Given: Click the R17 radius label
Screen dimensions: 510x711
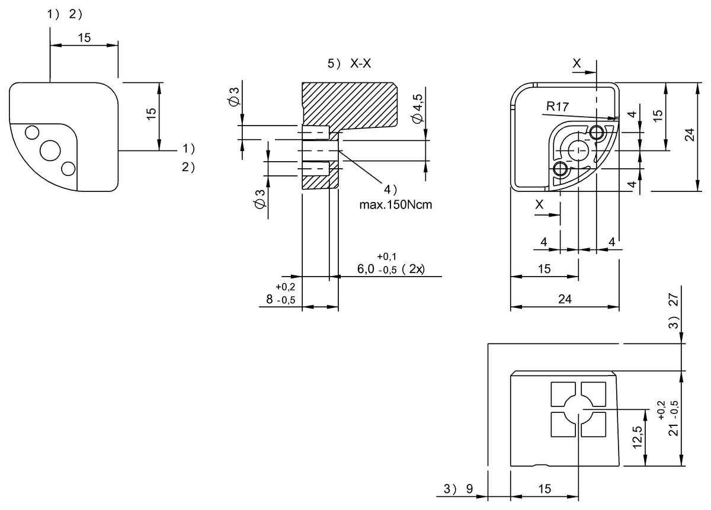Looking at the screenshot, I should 558,107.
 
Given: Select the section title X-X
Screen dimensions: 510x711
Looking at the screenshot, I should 360,64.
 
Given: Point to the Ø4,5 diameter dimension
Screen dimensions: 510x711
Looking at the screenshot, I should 418,107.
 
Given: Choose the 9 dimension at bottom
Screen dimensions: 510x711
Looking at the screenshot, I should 469,489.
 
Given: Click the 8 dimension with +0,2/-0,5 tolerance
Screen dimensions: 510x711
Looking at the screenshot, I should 270,300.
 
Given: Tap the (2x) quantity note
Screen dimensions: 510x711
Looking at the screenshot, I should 412,269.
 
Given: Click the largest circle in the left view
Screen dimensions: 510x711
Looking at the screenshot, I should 50,150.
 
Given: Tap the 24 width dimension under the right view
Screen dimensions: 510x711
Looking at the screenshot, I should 565,300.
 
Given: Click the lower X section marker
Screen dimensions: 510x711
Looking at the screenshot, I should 539,204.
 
